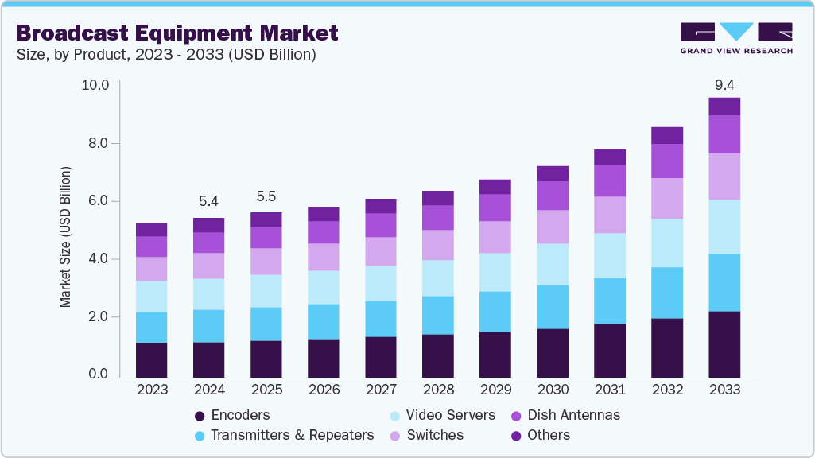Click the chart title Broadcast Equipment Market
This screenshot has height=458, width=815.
click(x=177, y=33)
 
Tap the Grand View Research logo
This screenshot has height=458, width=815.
click(x=735, y=37)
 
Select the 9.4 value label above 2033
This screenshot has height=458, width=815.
click(x=724, y=84)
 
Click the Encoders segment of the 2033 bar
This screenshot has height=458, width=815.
click(x=724, y=343)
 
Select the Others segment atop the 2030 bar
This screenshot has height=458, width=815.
click(x=553, y=173)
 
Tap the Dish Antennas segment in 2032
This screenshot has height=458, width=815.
click(x=667, y=161)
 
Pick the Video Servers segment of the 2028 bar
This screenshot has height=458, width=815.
click(x=438, y=278)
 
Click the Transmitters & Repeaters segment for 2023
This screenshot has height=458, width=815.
click(x=151, y=328)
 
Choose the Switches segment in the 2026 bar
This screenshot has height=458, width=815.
click(x=323, y=257)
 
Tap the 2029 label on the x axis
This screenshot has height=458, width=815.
click(x=495, y=390)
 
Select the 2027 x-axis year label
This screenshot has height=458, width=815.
click(x=381, y=390)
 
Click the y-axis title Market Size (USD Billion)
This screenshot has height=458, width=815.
click(x=65, y=237)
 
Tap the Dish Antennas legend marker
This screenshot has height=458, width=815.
click(x=516, y=416)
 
